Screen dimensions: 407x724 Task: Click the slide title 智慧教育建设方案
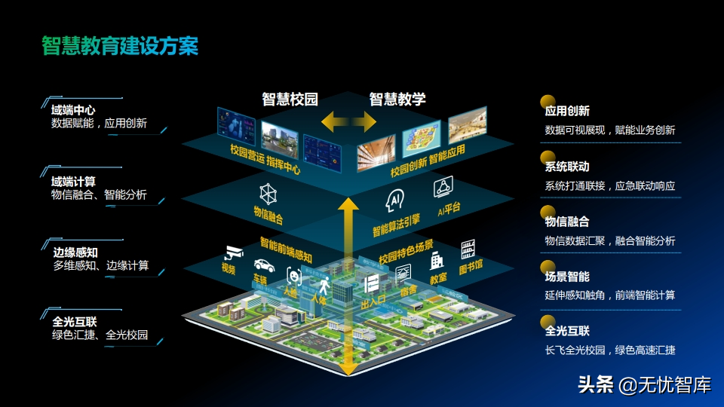[120, 46]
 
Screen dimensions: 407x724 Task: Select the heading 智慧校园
[290, 99]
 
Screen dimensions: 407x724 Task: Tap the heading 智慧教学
[397, 99]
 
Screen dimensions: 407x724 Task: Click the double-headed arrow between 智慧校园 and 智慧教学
[348, 121]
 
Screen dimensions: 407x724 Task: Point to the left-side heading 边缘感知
[75, 252]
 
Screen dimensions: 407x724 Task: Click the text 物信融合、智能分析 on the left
[99, 195]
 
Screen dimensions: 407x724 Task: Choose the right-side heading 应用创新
[567, 111]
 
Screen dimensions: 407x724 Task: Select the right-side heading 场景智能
[567, 277]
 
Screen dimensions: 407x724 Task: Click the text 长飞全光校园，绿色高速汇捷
[610, 350]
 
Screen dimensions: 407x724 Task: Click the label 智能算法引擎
[395, 219]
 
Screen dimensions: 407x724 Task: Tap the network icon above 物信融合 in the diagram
[268, 193]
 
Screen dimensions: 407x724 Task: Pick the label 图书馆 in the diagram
[472, 265]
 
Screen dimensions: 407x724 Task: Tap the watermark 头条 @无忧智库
[644, 385]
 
